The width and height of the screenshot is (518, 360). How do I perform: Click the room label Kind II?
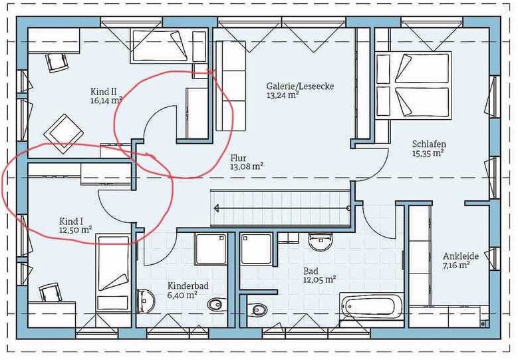pos(102,91)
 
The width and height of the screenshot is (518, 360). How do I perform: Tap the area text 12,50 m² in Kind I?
pos(75,230)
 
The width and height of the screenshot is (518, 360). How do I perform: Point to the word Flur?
pos(239,158)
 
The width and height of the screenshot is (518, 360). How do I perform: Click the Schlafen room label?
pos(429,144)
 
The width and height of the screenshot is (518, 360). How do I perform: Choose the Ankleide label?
pos(461,256)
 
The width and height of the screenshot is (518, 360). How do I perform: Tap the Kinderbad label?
pos(188,285)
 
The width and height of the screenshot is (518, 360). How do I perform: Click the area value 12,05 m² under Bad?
pos(320,279)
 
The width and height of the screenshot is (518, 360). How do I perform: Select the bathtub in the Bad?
pos(372,307)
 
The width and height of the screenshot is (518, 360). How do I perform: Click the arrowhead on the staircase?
pos(217,208)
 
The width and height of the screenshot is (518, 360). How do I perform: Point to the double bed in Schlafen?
pos(414,85)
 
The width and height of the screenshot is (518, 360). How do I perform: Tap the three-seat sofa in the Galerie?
pos(231,86)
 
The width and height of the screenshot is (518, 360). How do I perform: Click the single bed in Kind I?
pos(113,273)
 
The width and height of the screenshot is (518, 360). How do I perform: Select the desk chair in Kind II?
pos(57,62)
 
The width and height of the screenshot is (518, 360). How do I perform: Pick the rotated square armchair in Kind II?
pos(63,134)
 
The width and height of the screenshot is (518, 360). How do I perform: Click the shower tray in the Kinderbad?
pos(211,250)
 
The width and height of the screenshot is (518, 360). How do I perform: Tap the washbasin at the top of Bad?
pos(320,242)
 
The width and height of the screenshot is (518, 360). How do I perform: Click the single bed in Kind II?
pos(160,46)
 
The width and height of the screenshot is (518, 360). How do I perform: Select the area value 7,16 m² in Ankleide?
pos(456,265)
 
